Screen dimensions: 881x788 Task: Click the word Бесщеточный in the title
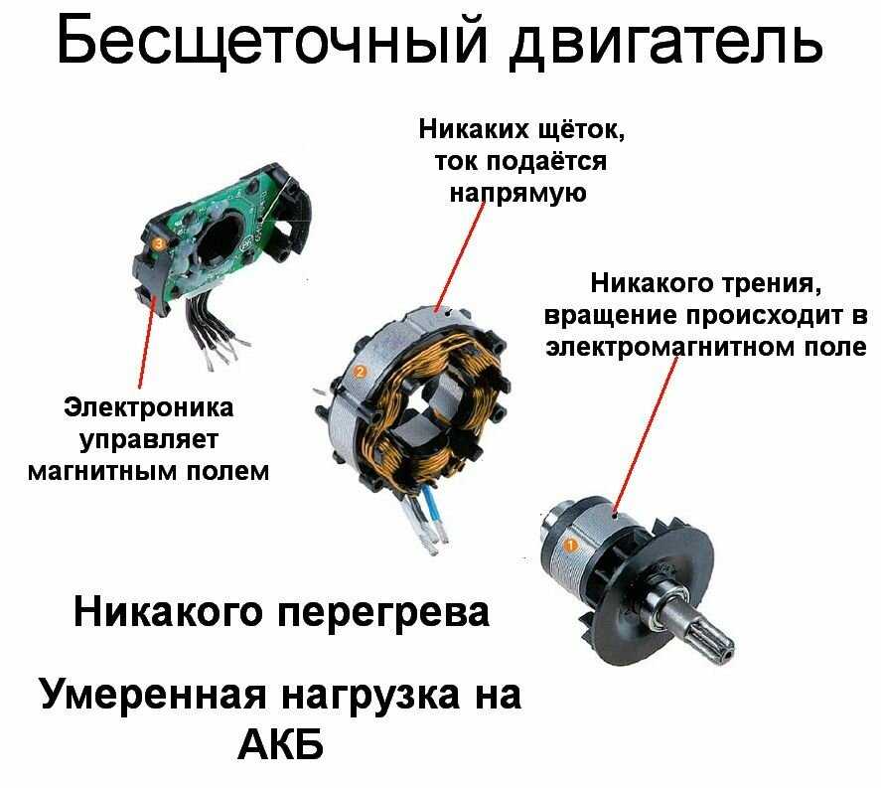271,42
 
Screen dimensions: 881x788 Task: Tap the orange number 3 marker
159,243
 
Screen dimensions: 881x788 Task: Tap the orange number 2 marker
360,372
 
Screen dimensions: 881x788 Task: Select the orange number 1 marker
570,546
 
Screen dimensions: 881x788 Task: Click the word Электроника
148,407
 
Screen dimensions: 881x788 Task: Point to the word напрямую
517,194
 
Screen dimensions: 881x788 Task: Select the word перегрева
383,613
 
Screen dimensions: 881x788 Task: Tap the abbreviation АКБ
281,745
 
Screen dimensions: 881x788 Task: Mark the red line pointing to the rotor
645,433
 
